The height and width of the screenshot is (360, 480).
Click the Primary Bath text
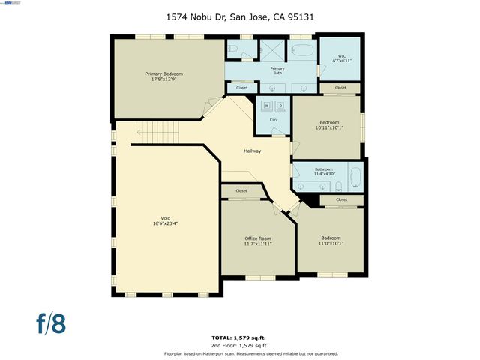coord(277,71)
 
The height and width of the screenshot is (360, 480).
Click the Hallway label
coord(252,151)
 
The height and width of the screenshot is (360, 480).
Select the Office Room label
coord(258,241)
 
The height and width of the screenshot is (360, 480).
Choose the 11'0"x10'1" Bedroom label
coord(331,240)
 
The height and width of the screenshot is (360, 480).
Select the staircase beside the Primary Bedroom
coord(154,132)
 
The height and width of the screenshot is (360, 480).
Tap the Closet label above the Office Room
coord(241,191)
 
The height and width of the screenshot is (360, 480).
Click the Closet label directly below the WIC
coord(340,88)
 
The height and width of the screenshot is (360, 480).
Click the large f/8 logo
coord(52,322)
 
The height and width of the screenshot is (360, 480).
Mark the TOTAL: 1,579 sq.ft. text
coord(239,337)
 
